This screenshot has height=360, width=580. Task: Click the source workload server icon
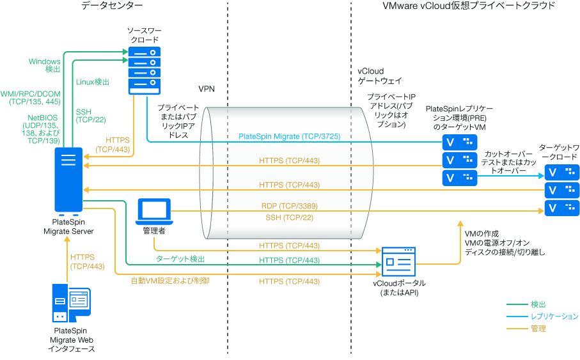pyautogui.click(x=144, y=70)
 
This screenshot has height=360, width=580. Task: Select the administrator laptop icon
pyautogui.click(x=154, y=211)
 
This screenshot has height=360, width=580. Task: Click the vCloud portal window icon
pyautogui.click(x=398, y=262)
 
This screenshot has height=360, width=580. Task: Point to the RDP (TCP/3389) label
pyautogui.click(x=290, y=207)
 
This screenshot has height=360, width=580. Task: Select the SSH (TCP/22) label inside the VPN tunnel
pyautogui.click(x=290, y=218)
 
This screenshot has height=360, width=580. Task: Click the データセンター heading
pyautogui.click(x=112, y=6)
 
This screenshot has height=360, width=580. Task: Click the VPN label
pyautogui.click(x=206, y=89)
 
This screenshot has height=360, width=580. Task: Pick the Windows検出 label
pyautogui.click(x=45, y=65)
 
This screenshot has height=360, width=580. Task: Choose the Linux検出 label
pyautogui.click(x=93, y=82)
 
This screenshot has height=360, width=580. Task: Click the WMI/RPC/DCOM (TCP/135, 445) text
pyautogui.click(x=31, y=98)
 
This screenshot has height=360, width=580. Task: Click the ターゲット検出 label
pyautogui.click(x=181, y=260)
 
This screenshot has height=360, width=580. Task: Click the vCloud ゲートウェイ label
pyautogui.click(x=379, y=77)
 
